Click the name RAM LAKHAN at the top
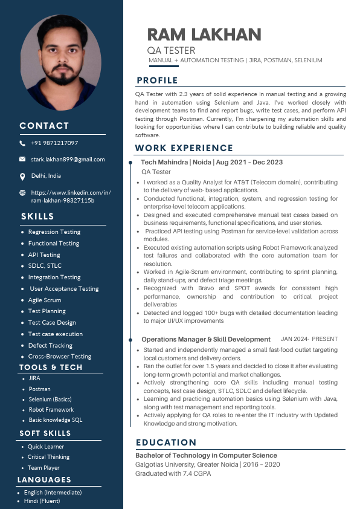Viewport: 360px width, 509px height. point(204,34)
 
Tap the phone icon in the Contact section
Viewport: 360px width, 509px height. point(22,143)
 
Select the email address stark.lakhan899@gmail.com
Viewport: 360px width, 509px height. point(68,160)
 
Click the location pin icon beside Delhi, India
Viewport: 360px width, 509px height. point(22,176)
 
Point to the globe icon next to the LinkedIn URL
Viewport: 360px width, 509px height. point(22,193)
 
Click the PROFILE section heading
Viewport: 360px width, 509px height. point(157,80)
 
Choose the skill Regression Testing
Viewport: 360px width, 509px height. point(54,232)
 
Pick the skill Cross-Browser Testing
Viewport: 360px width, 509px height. point(59,357)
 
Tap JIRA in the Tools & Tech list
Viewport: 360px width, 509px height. point(34,378)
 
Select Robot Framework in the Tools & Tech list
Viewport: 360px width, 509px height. point(51,410)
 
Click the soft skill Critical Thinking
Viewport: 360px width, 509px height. point(48,457)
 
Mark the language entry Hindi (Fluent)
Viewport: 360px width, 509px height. point(42,501)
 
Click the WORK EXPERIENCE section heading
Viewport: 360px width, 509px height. point(184,148)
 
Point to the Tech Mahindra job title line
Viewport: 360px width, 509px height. point(211,162)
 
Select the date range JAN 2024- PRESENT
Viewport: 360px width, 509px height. point(309,339)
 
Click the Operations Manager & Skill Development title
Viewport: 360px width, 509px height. point(205,340)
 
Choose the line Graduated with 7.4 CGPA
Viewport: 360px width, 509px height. point(173,473)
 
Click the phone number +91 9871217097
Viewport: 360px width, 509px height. point(54,143)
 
